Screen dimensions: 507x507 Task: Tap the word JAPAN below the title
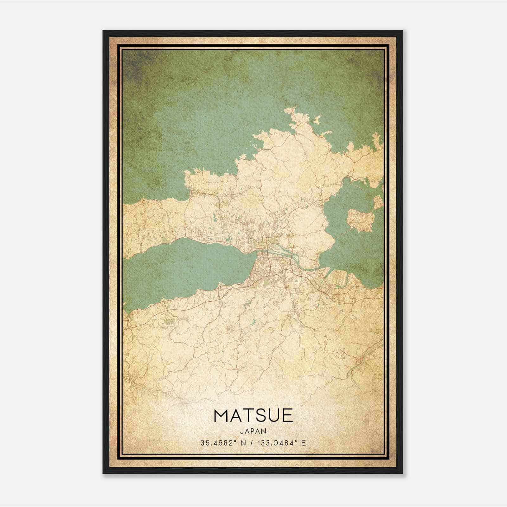[x=253, y=431]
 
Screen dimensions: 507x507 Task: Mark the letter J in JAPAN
[x=242, y=431]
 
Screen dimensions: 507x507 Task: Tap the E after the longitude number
[x=304, y=443]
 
